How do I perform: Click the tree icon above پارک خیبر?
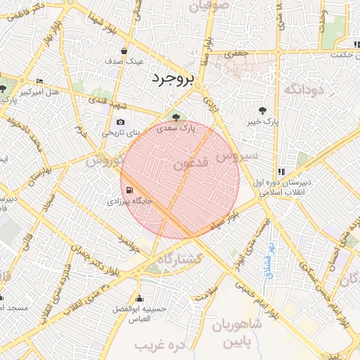(262, 110)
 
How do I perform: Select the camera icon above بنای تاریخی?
(120, 122)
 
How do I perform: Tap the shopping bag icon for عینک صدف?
(124, 51)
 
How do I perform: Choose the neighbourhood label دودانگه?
(302, 90)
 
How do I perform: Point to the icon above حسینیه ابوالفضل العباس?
(139, 298)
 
